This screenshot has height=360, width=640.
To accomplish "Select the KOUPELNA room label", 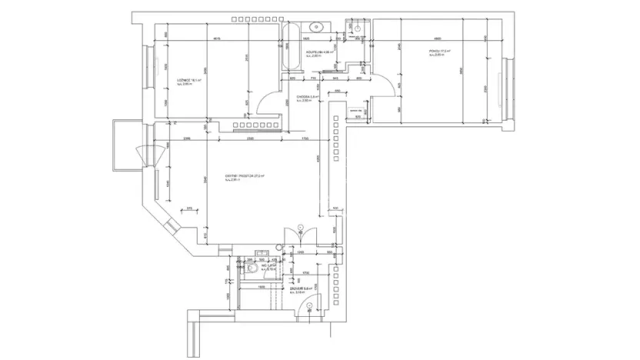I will [x=317, y=54].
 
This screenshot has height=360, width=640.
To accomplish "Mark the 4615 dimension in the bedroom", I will [x=217, y=39].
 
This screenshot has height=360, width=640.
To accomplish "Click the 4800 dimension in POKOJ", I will [x=437, y=39].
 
